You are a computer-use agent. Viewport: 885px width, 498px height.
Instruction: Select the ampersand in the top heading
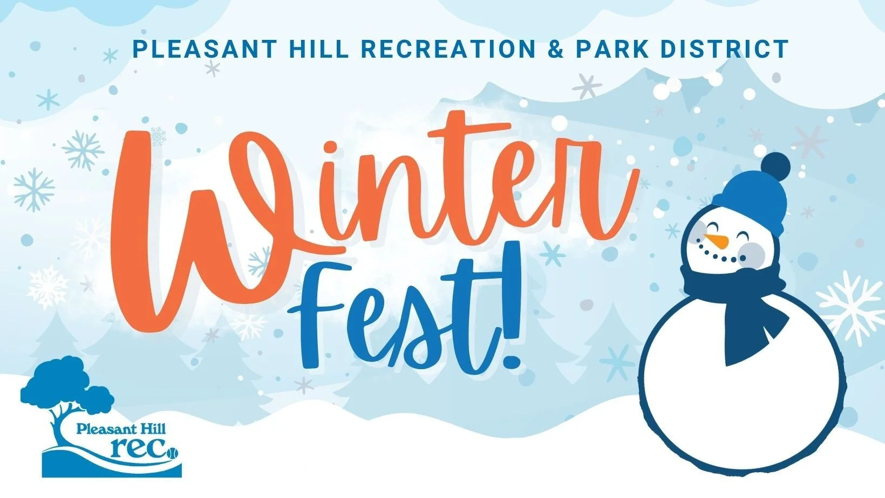point(555,49)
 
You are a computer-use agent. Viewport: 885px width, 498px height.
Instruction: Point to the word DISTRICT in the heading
point(725,49)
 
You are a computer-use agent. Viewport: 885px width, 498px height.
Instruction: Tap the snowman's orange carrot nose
point(716,240)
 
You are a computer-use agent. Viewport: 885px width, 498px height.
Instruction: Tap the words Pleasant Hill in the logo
point(121,430)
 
